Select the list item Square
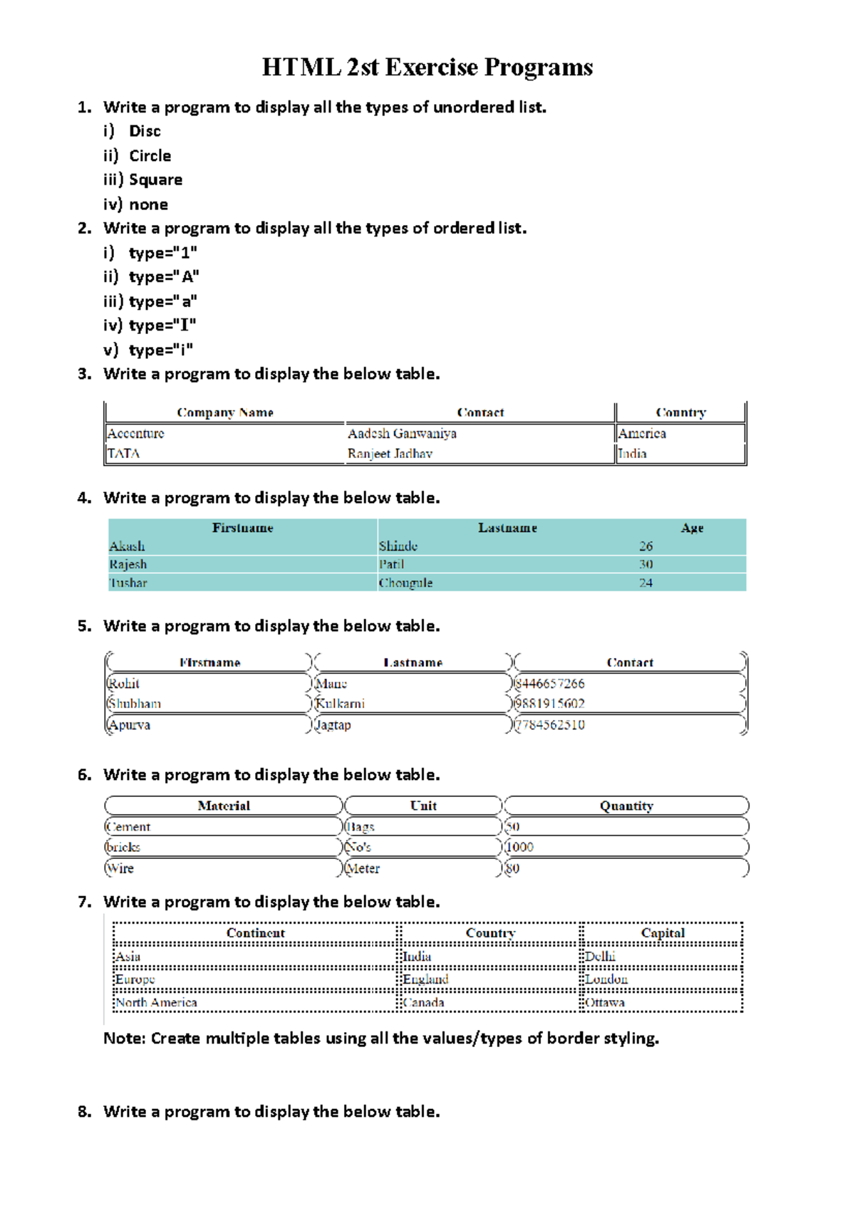[x=155, y=179]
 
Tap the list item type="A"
[x=164, y=276]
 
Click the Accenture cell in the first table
[x=135, y=433]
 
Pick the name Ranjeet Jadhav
[x=390, y=454]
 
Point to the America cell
[x=642, y=433]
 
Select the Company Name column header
[x=225, y=412]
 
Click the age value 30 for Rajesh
[x=646, y=564]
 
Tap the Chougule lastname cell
[x=405, y=583]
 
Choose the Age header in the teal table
[x=692, y=528]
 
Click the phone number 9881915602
[x=549, y=704]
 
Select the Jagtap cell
[x=333, y=725]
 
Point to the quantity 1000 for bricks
[x=519, y=847]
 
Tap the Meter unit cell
[x=363, y=868]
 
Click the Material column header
[x=224, y=806]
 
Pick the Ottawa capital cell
[x=605, y=1002]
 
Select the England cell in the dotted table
[x=425, y=979]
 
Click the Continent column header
[x=255, y=933]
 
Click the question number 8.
[x=84, y=1112]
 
